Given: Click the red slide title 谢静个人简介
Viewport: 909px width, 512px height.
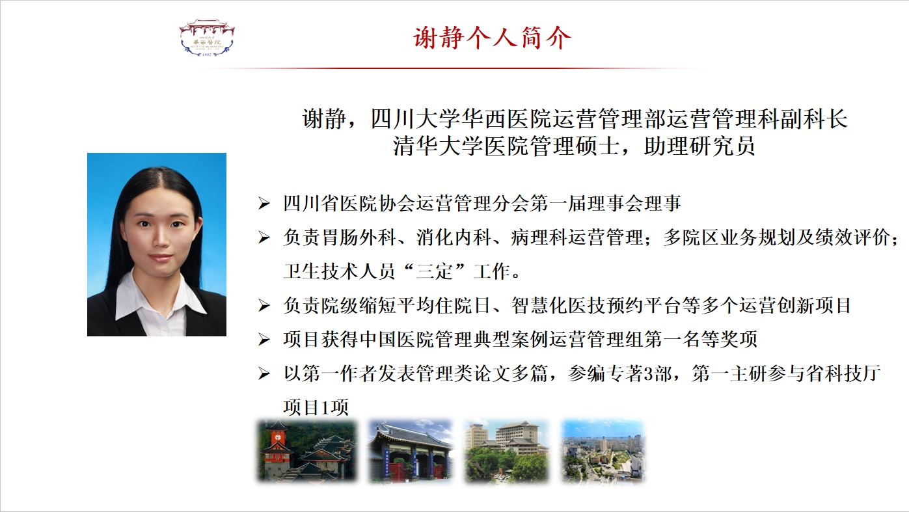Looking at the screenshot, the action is (492, 38).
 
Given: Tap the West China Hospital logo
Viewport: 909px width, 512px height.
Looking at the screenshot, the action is (207, 38).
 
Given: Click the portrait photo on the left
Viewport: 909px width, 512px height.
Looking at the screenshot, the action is (157, 244).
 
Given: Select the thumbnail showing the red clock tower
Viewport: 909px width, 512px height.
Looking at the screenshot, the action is (306, 451).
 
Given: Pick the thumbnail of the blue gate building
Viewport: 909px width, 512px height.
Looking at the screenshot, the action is (410, 451).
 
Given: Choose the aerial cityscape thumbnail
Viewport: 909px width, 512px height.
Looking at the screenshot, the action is (603, 451).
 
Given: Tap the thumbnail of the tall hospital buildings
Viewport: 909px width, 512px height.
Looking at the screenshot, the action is (507, 451).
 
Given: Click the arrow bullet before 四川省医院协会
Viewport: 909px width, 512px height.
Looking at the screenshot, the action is (264, 203).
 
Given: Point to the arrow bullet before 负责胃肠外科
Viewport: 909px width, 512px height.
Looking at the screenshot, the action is (264, 237).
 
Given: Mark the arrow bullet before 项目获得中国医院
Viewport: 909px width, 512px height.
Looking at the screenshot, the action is (264, 340).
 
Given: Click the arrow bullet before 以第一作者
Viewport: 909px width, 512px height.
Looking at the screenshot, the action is (264, 373).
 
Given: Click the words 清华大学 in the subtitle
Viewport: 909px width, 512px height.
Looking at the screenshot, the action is (439, 146).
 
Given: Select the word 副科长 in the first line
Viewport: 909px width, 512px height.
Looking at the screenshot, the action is (813, 119).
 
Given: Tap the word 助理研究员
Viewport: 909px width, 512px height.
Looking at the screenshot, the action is (699, 146).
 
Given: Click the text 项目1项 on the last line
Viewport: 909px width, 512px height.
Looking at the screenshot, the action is (316, 407).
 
